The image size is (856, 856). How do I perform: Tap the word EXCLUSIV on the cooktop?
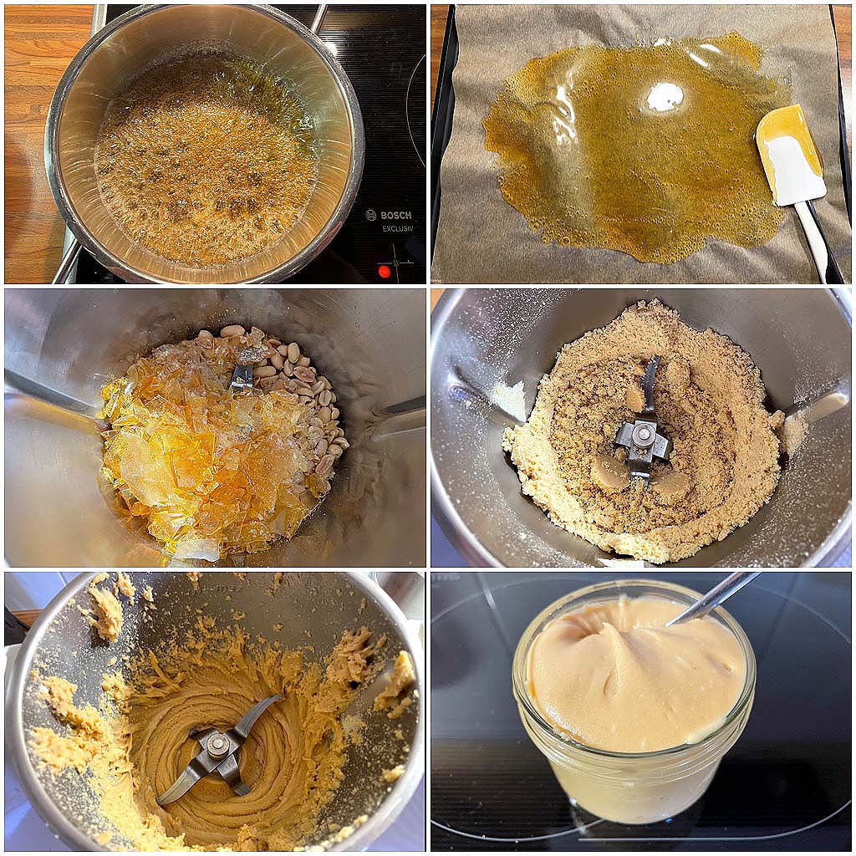click(x=397, y=229)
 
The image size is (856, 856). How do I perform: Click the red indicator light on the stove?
click(x=385, y=272)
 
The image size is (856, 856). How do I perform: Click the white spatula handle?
click(x=812, y=241)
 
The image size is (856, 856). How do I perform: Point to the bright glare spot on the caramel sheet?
click(x=665, y=99)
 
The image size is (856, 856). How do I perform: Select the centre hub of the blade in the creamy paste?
click(x=218, y=742)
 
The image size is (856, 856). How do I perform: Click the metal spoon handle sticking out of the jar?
click(x=712, y=599)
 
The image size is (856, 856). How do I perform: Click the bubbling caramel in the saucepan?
click(x=206, y=158)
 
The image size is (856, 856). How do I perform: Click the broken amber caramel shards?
click(x=202, y=442)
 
